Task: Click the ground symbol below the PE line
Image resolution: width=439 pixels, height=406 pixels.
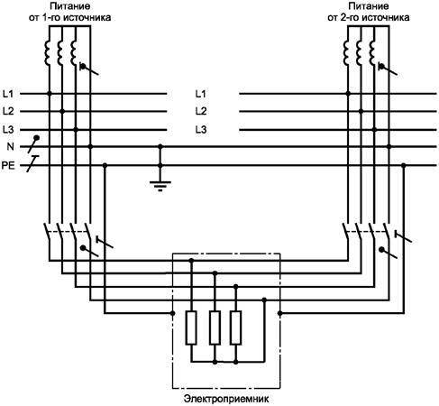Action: click(160, 186)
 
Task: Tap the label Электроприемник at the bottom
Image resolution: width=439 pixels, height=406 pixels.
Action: click(226, 399)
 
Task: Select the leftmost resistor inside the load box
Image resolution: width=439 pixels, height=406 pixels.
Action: click(191, 328)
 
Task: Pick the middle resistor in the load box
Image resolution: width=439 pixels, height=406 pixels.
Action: click(215, 328)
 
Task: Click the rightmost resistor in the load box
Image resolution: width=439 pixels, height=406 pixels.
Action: click(236, 328)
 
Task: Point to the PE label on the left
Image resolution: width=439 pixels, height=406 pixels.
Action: click(8, 166)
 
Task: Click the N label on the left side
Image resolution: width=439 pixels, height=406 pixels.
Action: click(11, 147)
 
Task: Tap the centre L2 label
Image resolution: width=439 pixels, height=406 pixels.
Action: click(201, 111)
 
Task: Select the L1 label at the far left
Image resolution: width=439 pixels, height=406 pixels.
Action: click(8, 94)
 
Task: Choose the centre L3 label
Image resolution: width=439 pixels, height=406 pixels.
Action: click(201, 130)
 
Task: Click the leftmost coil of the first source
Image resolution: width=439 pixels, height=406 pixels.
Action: click(47, 53)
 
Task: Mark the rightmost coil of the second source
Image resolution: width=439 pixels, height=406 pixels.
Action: click(372, 53)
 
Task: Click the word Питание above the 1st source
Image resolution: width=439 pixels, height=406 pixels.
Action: click(69, 6)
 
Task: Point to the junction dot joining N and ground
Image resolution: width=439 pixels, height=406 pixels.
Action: click(160, 146)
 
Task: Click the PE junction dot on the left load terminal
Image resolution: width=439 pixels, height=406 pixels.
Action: click(172, 313)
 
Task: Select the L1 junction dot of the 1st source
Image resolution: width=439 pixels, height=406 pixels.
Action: click(50, 94)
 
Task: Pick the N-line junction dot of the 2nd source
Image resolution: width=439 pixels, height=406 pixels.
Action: click(389, 146)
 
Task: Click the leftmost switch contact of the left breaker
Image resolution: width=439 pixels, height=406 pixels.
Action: click(47, 232)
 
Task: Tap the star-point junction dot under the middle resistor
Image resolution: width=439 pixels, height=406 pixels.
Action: click(215, 362)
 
